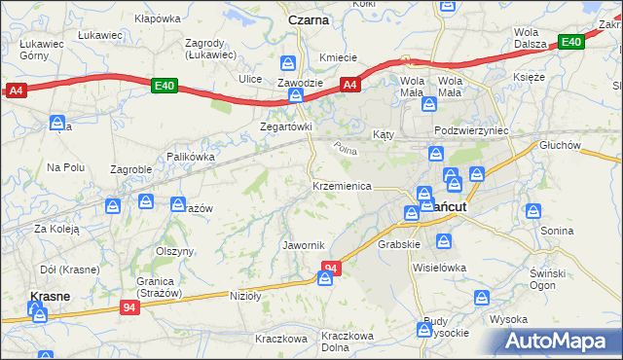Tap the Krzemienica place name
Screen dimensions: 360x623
tap(342, 186)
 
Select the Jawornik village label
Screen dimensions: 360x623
tap(303, 244)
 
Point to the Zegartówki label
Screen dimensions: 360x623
tap(285, 127)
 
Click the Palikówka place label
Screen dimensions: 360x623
tap(190, 156)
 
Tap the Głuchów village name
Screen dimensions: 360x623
tap(560, 145)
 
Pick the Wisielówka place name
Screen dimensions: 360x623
tap(440, 267)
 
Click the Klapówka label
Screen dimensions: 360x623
tap(159, 18)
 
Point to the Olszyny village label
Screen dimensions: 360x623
tap(175, 250)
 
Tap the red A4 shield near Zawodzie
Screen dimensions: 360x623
tap(351, 86)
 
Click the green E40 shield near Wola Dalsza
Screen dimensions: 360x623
tap(570, 42)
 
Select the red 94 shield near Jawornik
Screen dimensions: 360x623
tap(332, 268)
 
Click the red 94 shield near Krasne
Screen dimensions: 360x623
tap(130, 306)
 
